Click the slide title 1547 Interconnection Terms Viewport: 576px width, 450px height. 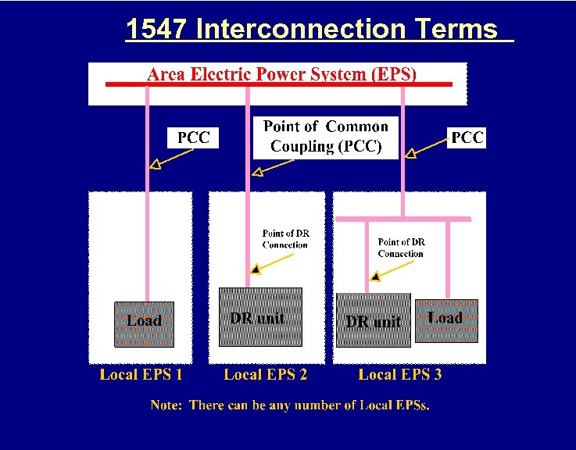tap(311, 30)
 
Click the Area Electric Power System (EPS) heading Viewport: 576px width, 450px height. tap(282, 74)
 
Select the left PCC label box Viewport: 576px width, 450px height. tap(194, 138)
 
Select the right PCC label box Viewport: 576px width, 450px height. tap(467, 137)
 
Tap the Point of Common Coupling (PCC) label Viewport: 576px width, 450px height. tap(325, 137)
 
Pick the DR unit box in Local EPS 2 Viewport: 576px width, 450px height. tap(257, 316)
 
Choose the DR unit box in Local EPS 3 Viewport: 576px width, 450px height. tap(373, 320)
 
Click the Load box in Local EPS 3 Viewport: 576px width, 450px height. tap(445, 320)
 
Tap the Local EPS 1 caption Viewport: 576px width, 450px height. tap(141, 374)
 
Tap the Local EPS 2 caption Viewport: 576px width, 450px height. tap(266, 374)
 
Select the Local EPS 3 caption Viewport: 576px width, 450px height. tap(400, 374)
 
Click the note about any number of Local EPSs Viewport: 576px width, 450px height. tap(290, 405)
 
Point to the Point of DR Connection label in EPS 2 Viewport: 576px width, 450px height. tap(285, 239)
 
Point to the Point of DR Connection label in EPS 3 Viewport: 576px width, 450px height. tap(400, 248)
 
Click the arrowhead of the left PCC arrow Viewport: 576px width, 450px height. tap(155, 164)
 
